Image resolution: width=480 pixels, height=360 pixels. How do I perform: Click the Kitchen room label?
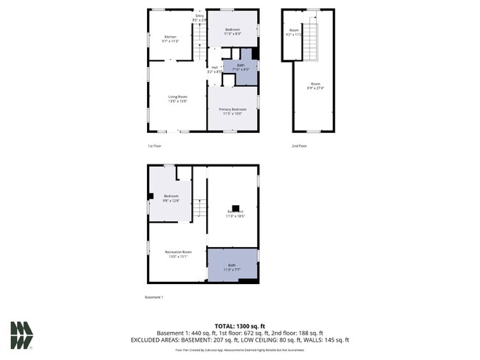click(171, 38)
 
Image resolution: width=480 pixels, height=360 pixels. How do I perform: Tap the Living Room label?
click(177, 98)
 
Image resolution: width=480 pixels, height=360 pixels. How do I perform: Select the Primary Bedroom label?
click(233, 111)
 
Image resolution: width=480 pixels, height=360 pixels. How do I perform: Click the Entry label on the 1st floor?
click(199, 17)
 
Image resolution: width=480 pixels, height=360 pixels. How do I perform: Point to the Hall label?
click(213, 69)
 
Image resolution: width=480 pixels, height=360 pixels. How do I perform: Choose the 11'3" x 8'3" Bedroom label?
click(233, 31)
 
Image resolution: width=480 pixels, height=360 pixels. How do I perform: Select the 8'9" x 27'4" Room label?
click(315, 86)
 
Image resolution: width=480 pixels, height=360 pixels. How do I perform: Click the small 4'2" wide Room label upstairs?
click(293, 33)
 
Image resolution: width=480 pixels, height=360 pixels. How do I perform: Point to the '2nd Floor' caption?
click(299, 146)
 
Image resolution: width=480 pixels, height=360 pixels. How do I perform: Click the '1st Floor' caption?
click(154, 146)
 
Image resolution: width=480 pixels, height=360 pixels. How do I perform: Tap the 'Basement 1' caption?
click(154, 297)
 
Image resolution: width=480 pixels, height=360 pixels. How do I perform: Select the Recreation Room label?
click(177, 255)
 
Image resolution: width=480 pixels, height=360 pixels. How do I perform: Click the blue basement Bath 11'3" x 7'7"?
click(233, 266)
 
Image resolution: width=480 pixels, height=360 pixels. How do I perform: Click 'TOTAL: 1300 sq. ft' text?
click(239, 325)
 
